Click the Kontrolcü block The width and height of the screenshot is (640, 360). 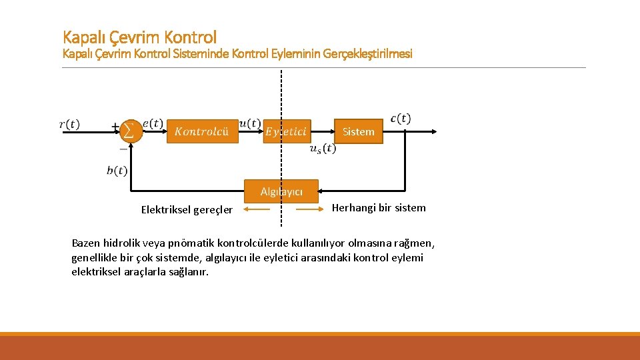pos(202,132)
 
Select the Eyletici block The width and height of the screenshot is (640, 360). pos(286,132)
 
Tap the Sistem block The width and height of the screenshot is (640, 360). pos(358,132)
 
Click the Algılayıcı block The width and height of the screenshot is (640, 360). pos(281,191)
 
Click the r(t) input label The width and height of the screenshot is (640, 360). pos(69,124)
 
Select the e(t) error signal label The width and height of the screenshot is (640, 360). pos(153,123)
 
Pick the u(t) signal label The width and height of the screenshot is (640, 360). pos(249,123)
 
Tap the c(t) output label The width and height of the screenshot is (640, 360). pos(400,119)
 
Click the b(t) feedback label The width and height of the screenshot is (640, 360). pos(117,171)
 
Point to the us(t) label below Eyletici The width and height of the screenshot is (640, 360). pos(323,149)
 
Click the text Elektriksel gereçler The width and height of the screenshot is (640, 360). pos(187,210)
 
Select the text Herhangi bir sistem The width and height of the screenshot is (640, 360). pos(379,207)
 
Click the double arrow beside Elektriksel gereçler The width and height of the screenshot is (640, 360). pos(257,209)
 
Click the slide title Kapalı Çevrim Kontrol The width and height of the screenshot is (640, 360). pos(139,37)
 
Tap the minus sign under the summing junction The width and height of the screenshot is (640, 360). pos(123,150)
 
